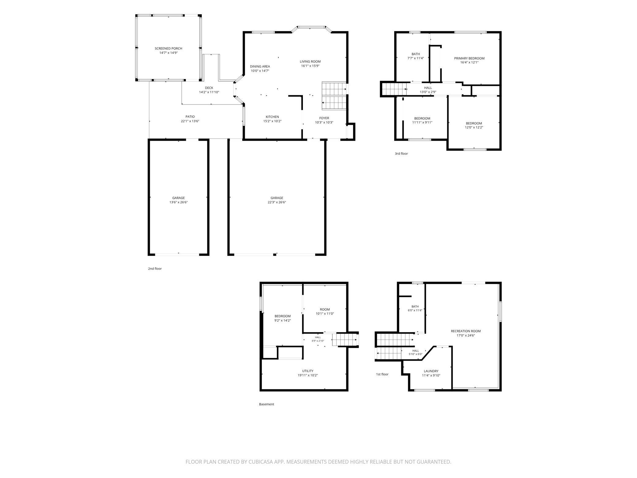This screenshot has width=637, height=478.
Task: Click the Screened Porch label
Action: (x=168, y=48)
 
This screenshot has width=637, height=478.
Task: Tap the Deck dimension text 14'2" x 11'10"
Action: (x=209, y=92)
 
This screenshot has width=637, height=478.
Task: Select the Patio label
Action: (x=190, y=117)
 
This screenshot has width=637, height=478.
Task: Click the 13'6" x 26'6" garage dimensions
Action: (x=179, y=202)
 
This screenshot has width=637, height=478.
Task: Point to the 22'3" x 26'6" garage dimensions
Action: (x=277, y=202)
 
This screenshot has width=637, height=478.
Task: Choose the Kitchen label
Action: (x=272, y=117)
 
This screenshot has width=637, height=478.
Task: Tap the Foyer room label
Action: (x=324, y=118)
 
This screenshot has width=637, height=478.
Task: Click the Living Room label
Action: (x=310, y=62)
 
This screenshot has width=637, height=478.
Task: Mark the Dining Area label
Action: (x=260, y=66)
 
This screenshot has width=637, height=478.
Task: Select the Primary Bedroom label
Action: (x=469, y=59)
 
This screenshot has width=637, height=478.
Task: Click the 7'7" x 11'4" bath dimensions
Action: (x=416, y=58)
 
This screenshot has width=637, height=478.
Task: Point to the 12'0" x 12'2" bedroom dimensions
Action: (x=474, y=127)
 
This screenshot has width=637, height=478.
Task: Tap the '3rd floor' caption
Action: (x=401, y=154)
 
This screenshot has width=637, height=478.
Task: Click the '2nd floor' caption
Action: (x=155, y=269)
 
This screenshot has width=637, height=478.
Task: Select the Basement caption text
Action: (x=266, y=404)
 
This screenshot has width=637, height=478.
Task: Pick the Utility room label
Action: (x=308, y=371)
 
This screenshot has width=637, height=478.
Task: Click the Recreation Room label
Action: (x=466, y=331)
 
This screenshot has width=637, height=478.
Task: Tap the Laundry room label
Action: (x=431, y=371)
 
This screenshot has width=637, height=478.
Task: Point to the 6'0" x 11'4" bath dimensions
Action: (x=415, y=310)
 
